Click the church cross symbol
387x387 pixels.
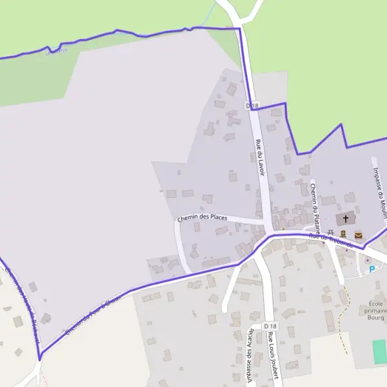[x=346, y=219]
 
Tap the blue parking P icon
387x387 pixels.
[x=372, y=270]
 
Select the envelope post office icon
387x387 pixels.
[x=359, y=235]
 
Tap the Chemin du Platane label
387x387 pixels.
[x=315, y=200]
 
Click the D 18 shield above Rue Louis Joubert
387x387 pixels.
[x=270, y=327]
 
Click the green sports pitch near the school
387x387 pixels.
[x=379, y=351]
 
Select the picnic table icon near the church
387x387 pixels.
[x=330, y=232]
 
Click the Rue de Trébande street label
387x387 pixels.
[x=331, y=240]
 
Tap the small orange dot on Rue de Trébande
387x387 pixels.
[x=283, y=229]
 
